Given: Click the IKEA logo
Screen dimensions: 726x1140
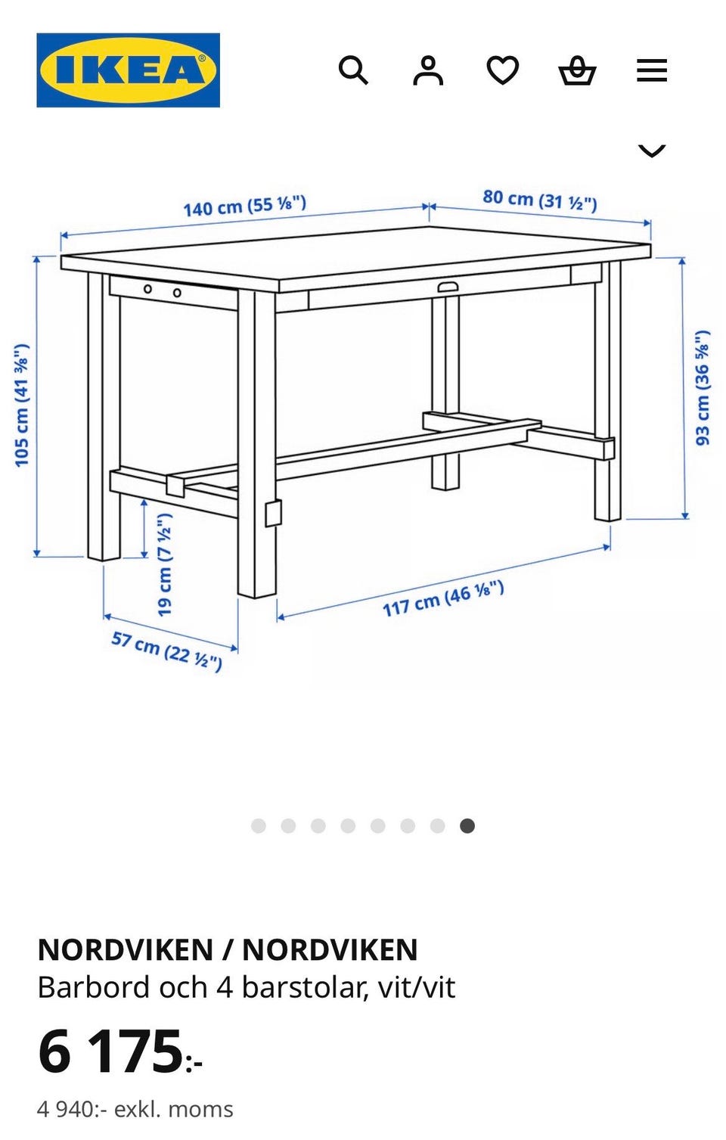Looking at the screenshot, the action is tap(129, 70).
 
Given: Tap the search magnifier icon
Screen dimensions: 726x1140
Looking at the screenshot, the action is tap(353, 70).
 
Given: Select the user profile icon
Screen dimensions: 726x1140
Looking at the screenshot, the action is tap(428, 70).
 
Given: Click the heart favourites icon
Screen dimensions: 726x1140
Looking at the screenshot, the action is tap(503, 70).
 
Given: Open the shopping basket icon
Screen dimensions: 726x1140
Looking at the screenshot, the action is tap(578, 70).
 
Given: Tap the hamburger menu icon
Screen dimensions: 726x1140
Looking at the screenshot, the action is tap(652, 70).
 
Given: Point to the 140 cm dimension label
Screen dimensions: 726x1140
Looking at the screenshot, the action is tap(245, 206).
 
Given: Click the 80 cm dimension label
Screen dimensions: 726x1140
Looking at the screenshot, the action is tap(540, 200).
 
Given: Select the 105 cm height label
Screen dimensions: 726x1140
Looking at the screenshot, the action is tap(22, 405).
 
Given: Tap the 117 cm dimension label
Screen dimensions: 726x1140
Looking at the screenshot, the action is tap(443, 598).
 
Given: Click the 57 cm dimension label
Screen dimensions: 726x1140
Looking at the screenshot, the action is tap(167, 651).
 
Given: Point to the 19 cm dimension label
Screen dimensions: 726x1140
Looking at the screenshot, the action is tap(164, 564).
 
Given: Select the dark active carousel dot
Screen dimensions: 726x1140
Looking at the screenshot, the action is tap(467, 825).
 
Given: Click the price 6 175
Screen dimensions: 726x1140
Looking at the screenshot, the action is tap(120, 1051).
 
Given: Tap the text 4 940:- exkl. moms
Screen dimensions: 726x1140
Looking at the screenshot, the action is tap(135, 1110).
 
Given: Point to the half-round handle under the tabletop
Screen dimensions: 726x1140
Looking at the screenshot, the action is tap(448, 287).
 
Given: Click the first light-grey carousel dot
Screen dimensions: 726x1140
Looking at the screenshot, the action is tap(259, 825).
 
